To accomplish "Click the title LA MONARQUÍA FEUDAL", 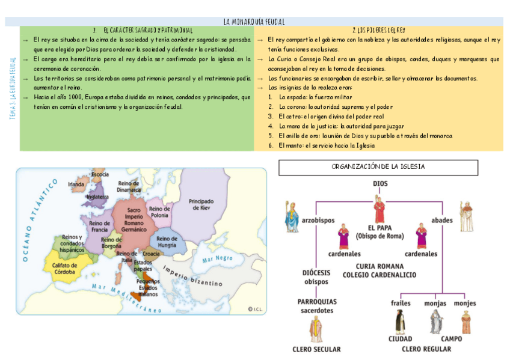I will point(254,21).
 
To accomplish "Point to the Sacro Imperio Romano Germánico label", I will point(134,220).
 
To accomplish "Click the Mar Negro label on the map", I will point(217,259).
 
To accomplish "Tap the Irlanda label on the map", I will point(76,184).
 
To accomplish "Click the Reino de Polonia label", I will point(160,212).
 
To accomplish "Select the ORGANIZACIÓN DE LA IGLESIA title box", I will point(378,166).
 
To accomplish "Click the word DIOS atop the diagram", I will point(380,183).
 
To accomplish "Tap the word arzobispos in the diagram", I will point(318,220).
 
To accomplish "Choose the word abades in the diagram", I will point(442,220).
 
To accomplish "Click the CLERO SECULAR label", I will point(316,349).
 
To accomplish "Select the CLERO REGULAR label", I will point(426,348).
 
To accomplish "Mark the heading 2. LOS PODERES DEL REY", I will point(378,29).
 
